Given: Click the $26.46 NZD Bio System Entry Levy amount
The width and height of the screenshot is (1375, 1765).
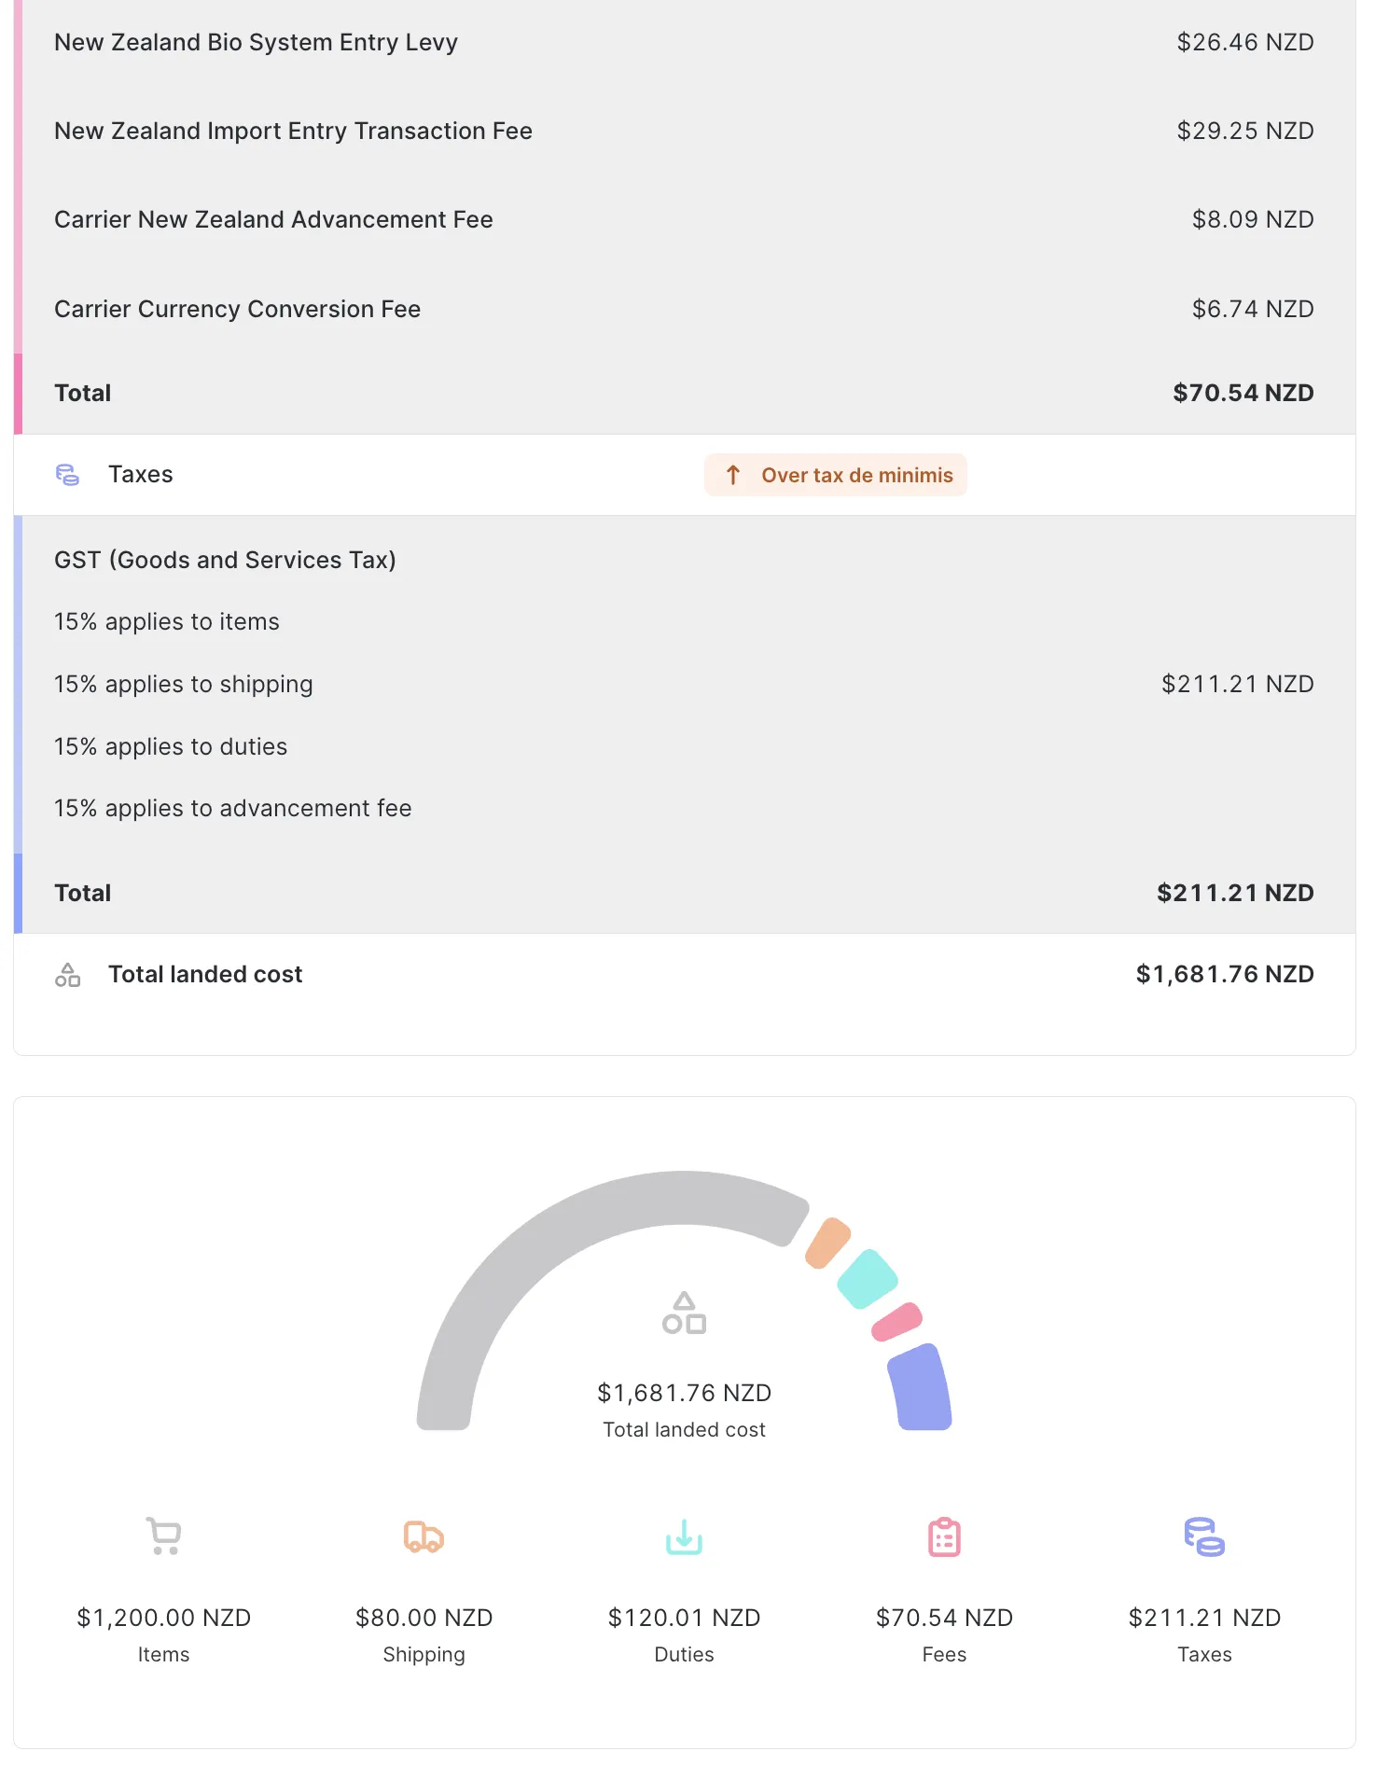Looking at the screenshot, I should [x=1244, y=42].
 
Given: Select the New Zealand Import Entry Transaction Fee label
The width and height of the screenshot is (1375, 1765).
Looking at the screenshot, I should [x=293, y=131].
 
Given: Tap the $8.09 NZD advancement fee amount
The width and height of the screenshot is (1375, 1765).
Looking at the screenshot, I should [x=1252, y=219].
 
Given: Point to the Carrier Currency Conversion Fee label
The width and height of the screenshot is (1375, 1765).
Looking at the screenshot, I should [x=237, y=309].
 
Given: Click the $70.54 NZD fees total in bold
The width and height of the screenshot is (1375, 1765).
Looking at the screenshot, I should [x=1243, y=393].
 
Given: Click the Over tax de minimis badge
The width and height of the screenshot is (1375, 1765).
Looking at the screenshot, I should [x=836, y=475].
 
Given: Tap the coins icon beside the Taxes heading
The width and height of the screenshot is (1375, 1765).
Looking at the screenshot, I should [x=67, y=475].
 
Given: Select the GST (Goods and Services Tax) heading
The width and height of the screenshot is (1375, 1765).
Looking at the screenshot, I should [x=225, y=560].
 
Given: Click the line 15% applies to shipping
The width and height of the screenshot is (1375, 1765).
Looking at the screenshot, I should [x=183, y=684].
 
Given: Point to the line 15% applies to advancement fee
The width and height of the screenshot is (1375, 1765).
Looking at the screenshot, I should [x=232, y=808].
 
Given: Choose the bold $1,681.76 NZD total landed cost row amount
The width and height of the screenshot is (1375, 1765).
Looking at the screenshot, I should [x=1224, y=974].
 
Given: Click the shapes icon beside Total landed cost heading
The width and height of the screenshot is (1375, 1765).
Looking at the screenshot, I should [x=67, y=975].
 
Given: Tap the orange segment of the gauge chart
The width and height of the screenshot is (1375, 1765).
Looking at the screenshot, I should [x=827, y=1243].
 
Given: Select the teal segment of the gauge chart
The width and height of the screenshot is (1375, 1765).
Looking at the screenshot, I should [x=868, y=1278].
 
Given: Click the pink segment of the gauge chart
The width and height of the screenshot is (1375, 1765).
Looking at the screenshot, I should [x=896, y=1322].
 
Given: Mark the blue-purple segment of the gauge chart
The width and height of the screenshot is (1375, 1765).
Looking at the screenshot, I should [x=920, y=1387].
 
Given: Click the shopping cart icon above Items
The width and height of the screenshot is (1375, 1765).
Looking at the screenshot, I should [x=163, y=1536].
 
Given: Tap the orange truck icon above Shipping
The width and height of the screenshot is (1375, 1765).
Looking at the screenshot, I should [x=424, y=1536].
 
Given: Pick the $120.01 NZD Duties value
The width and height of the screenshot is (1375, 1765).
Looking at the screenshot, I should [x=684, y=1618].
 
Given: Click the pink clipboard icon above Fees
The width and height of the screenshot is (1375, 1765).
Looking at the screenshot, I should [x=944, y=1536].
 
